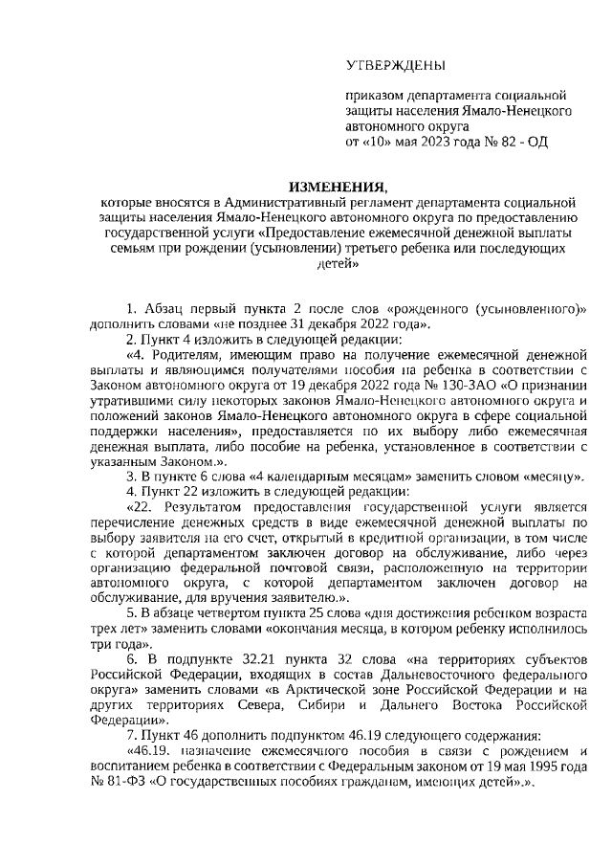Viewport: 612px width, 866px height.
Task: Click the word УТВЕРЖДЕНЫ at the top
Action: (395, 66)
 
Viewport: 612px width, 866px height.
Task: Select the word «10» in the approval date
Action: (381, 141)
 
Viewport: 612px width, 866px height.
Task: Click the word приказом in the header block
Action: (375, 97)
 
